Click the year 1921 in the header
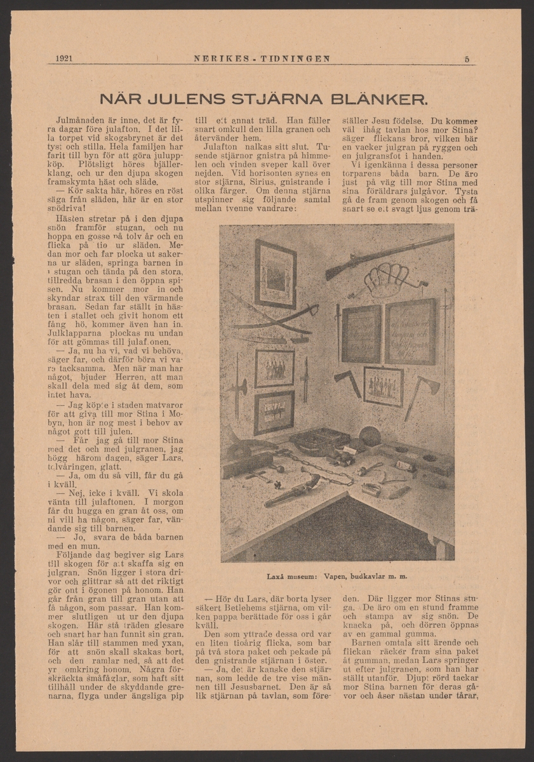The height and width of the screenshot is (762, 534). [63, 59]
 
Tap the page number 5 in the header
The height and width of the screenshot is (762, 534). [467, 59]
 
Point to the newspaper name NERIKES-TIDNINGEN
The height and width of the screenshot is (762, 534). [262, 59]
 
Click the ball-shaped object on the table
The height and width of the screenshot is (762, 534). [368, 438]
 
